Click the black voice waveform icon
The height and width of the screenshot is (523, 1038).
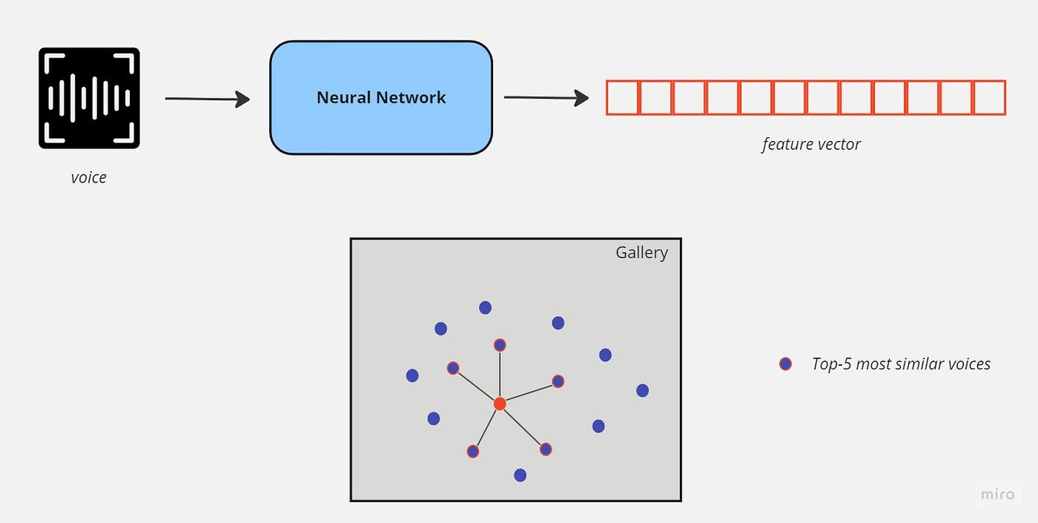click(89, 98)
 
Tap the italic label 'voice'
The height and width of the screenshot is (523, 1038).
click(89, 177)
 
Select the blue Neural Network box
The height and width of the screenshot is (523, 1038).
click(380, 98)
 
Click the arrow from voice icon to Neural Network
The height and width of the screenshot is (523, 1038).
click(207, 98)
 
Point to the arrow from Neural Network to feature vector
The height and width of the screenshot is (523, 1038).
click(546, 97)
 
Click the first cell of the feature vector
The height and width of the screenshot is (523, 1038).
click(623, 98)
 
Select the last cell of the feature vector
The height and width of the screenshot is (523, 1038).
click(989, 98)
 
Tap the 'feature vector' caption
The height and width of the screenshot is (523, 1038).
click(811, 144)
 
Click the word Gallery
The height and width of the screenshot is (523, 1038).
click(641, 253)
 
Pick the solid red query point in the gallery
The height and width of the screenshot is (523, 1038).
click(500, 404)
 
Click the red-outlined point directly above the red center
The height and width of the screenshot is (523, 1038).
click(500, 345)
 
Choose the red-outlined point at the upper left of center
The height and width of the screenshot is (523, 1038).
click(453, 368)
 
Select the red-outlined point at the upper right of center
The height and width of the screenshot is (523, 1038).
click(558, 381)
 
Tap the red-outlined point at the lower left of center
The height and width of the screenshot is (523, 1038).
click(473, 451)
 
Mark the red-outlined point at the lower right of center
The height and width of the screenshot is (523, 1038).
click(546, 449)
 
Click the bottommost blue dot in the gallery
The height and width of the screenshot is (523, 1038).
click(520, 475)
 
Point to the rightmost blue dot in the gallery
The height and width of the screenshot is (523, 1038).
click(642, 390)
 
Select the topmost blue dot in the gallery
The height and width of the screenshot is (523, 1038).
click(485, 307)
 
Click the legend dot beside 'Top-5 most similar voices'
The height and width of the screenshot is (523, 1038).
click(785, 364)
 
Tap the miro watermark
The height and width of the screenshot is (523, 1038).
click(997, 494)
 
